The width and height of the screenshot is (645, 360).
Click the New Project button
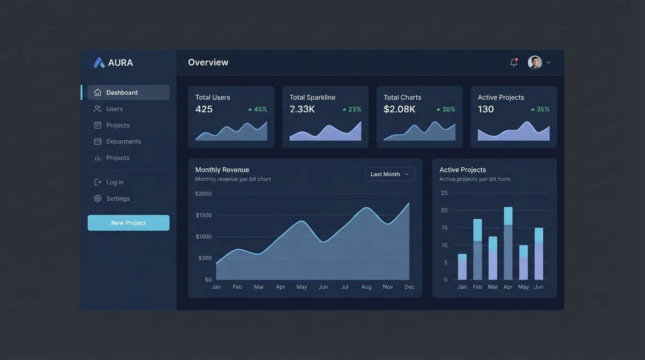tap(128, 223)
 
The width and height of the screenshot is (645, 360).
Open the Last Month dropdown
tap(390, 174)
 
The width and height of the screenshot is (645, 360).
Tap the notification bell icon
tap(514, 62)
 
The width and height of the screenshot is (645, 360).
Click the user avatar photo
tap(534, 62)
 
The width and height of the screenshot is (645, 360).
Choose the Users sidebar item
tap(114, 109)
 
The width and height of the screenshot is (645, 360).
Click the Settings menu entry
tap(118, 198)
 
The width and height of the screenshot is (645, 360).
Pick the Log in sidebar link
tap(115, 182)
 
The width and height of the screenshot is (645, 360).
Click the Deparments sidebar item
tap(123, 142)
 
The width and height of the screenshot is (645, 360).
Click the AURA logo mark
tap(99, 63)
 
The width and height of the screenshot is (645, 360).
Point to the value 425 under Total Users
tap(204, 109)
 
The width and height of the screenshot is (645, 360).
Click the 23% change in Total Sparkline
tap(354, 109)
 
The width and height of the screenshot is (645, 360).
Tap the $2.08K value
tap(399, 109)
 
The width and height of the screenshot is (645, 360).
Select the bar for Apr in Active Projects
tap(508, 243)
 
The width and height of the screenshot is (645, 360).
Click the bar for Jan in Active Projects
tap(462, 267)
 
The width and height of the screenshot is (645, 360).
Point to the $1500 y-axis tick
tap(203, 215)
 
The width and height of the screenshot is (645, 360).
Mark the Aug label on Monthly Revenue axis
tap(366, 287)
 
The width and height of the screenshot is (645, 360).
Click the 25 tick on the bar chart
tap(444, 193)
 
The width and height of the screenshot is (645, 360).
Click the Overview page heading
tap(208, 62)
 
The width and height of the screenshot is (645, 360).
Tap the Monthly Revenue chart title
tap(222, 170)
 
